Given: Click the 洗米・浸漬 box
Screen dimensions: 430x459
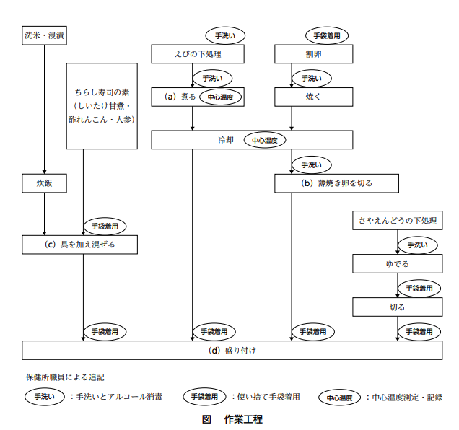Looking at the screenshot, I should click(x=45, y=34).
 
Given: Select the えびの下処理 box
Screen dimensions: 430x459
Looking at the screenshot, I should click(x=198, y=54).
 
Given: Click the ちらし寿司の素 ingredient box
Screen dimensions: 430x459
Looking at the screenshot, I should click(x=102, y=106).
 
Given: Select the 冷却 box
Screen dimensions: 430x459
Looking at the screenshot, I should click(x=252, y=139).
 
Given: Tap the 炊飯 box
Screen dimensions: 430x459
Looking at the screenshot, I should click(x=45, y=183).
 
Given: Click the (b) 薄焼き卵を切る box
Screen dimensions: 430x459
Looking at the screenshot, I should click(x=336, y=183).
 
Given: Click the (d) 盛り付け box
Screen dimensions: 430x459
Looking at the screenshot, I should click(x=232, y=350).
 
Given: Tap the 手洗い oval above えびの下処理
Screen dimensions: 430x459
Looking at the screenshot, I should click(x=225, y=35).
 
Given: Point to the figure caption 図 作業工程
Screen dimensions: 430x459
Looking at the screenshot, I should click(x=232, y=418).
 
